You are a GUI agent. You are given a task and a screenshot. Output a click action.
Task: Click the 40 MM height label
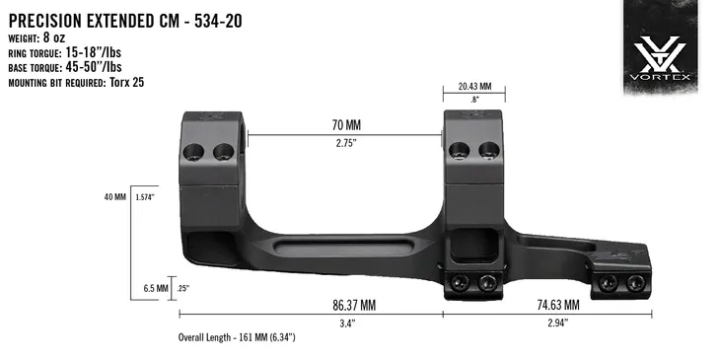(114, 196)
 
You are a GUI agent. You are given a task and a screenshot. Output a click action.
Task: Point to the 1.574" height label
(147, 196)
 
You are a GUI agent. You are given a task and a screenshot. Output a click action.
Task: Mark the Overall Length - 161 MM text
(237, 337)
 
